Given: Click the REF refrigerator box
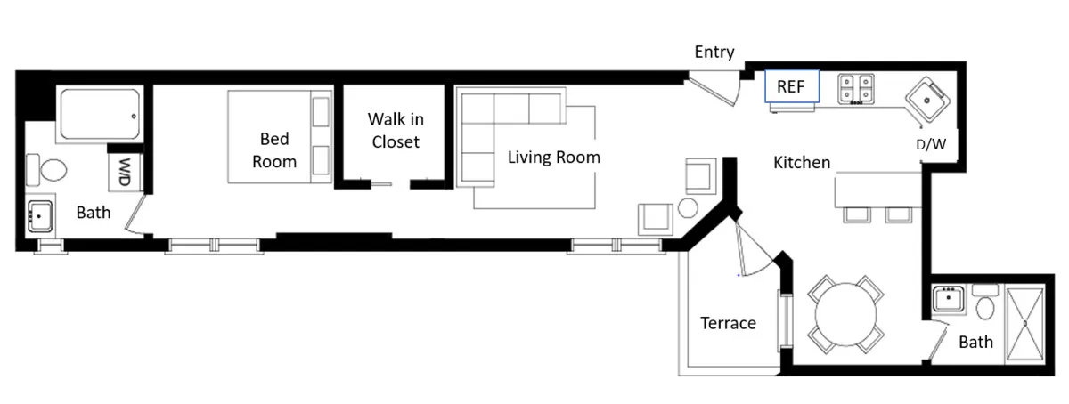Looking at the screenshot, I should (791, 87).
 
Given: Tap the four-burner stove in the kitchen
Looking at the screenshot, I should (855, 89).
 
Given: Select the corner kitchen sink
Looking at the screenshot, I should (929, 100).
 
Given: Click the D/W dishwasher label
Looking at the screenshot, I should (931, 144).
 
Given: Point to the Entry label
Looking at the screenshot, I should (714, 53).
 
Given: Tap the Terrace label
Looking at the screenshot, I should (728, 323).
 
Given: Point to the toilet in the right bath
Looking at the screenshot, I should (985, 305).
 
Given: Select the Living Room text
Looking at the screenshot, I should (553, 158).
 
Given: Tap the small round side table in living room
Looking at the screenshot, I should (687, 209).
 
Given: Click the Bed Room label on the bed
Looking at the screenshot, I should (274, 150).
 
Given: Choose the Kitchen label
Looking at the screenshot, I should (801, 163).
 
